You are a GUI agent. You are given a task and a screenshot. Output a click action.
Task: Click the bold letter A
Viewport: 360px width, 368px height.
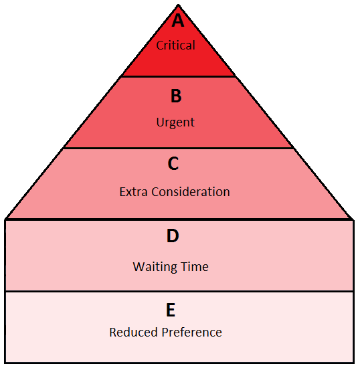[178, 20]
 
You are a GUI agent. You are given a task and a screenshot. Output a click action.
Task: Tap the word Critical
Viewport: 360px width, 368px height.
[175, 45]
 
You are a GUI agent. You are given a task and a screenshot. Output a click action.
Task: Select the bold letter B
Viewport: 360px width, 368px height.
[176, 96]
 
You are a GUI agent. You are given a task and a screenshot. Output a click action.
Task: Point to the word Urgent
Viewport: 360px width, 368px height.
[175, 122]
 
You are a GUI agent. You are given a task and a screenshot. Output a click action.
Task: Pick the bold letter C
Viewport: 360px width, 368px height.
[173, 163]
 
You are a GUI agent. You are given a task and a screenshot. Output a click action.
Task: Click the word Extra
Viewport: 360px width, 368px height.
[134, 192]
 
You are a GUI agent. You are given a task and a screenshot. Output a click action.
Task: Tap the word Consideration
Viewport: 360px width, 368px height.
[191, 192]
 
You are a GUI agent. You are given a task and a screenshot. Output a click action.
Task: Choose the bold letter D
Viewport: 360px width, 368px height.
[173, 236]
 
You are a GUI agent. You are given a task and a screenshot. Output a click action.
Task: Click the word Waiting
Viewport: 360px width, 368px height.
[154, 268]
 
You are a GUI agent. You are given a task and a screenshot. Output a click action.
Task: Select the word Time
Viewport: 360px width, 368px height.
[194, 266]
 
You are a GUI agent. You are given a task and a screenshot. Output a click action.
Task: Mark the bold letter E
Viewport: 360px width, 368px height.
[171, 310]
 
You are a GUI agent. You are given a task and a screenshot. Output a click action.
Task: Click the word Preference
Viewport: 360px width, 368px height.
[192, 333]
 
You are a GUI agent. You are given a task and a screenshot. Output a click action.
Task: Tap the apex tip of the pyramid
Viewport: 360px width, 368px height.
[179, 5]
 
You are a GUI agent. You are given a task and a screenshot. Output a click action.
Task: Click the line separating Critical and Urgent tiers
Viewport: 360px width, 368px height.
[179, 76]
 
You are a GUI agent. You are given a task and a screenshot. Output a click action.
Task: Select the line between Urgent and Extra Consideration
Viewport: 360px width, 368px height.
[179, 148]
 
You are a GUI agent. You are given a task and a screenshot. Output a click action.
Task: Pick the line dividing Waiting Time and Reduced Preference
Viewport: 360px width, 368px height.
[179, 291]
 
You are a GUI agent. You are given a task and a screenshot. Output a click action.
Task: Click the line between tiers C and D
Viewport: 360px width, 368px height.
[179, 219]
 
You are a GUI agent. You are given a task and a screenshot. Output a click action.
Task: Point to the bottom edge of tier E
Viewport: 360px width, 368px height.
[179, 363]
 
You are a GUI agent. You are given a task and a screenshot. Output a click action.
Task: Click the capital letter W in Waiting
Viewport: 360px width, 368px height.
[139, 266]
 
